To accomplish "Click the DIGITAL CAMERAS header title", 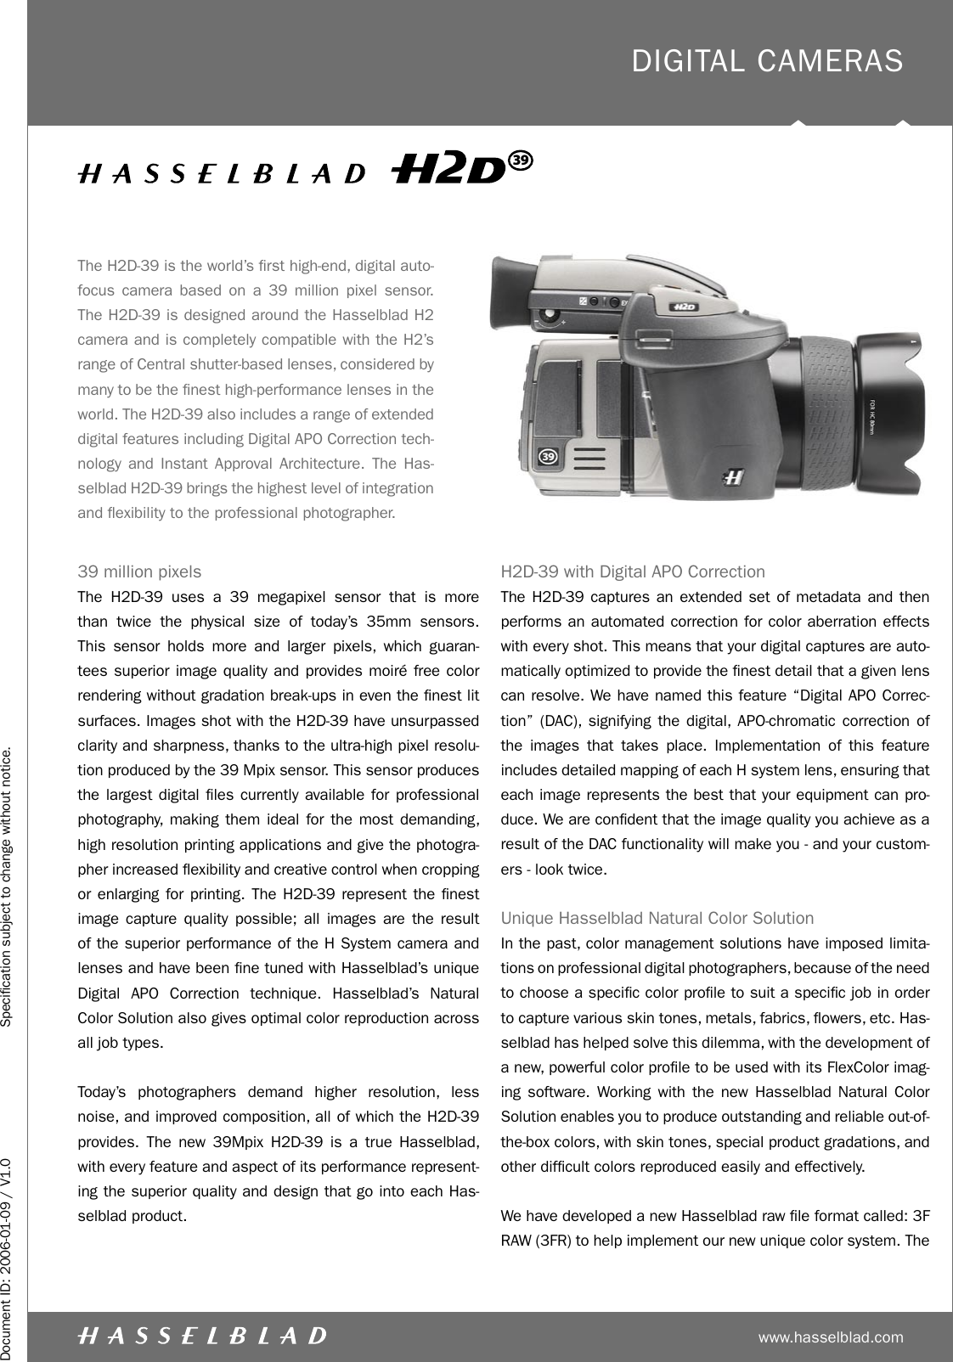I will click(767, 61).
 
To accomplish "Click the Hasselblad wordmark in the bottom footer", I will click(201, 1336).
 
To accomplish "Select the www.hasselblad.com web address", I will click(831, 1337).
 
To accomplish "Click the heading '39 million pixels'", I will click(139, 571).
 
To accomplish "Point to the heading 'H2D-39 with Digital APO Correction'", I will click(633, 571).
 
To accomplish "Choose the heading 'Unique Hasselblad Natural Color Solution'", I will click(657, 918).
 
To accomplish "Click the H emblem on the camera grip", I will click(734, 477).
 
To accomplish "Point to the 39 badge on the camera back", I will click(550, 457).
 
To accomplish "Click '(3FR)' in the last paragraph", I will click(552, 1241).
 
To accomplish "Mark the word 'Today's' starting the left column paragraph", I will click(100, 1091).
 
